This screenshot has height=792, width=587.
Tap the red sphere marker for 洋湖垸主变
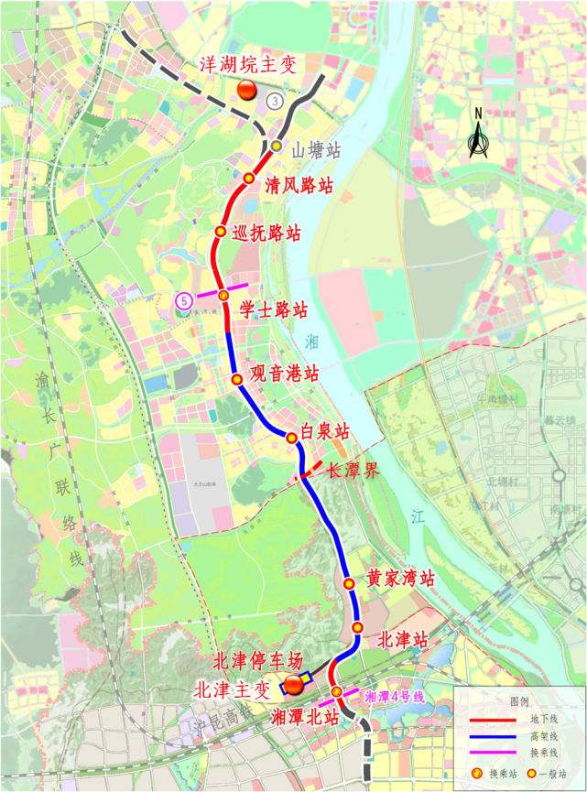pyautogui.click(x=247, y=90)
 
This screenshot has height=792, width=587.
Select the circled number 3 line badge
pyautogui.click(x=275, y=102)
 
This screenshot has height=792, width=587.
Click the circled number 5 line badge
pyautogui.click(x=185, y=299)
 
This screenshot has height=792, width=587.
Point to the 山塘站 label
pyautogui.click(x=317, y=149)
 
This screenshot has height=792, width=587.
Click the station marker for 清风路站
pyautogui.click(x=248, y=179)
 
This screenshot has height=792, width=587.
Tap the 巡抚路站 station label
pyautogui.click(x=267, y=233)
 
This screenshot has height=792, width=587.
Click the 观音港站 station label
pyautogui.click(x=286, y=374)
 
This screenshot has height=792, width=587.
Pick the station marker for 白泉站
pyautogui.click(x=294, y=436)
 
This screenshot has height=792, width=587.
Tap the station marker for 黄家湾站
pyautogui.click(x=348, y=583)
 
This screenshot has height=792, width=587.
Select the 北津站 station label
pyautogui.click(x=403, y=639)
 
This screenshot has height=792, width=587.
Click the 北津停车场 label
pyautogui.click(x=257, y=660)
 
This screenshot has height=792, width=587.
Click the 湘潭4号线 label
pyautogui.click(x=395, y=697)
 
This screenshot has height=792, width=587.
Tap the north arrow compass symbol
pyautogui.click(x=477, y=136)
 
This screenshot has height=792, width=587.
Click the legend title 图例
pyautogui.click(x=520, y=700)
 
